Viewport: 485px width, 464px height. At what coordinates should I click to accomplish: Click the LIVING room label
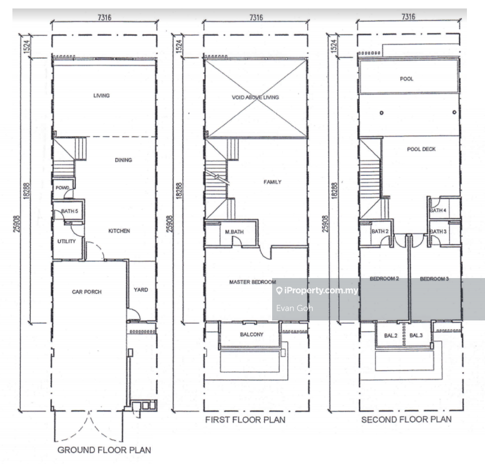click(102, 96)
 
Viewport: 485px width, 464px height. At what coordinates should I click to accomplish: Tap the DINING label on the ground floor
click(124, 160)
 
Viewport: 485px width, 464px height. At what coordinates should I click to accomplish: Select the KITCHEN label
click(119, 231)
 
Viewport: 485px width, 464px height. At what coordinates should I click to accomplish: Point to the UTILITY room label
click(67, 241)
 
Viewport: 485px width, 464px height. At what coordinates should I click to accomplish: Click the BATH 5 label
click(69, 211)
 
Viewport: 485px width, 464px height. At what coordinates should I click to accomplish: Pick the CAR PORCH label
click(86, 292)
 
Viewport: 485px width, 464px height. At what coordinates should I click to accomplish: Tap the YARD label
click(141, 290)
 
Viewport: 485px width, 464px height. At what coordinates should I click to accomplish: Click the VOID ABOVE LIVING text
click(256, 98)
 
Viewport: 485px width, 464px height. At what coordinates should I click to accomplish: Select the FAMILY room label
click(273, 182)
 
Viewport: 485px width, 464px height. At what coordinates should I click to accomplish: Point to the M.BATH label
click(234, 232)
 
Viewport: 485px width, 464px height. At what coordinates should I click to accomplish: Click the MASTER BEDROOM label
click(252, 282)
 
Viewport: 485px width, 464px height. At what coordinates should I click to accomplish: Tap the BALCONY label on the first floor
click(252, 335)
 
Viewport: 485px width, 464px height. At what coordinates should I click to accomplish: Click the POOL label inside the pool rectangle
click(407, 79)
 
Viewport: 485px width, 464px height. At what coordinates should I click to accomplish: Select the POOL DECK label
click(421, 149)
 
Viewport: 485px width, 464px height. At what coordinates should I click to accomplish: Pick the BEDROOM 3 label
click(434, 279)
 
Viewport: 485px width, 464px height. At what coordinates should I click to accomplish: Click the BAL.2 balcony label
click(391, 336)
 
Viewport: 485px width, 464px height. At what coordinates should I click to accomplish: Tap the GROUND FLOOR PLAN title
click(104, 450)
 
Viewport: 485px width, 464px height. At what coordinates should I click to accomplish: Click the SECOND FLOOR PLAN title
click(407, 420)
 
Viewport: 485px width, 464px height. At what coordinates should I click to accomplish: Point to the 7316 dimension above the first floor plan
click(256, 18)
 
